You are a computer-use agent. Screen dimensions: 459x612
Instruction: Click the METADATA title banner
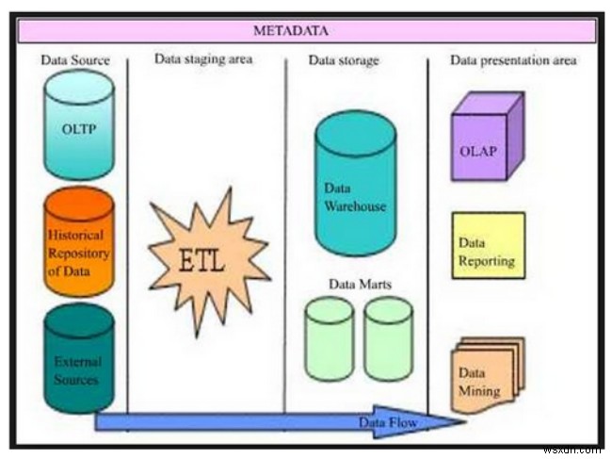(305, 31)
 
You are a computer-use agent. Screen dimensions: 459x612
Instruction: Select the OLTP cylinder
(79, 124)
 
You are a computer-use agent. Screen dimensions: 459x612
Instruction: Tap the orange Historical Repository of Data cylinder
(79, 242)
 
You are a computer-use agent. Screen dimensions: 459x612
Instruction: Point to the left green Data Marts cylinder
(329, 338)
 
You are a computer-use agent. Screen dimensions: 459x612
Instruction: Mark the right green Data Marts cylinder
(388, 338)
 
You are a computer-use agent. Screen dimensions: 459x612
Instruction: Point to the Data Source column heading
(75, 60)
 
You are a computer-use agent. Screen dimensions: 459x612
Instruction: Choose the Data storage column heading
(344, 60)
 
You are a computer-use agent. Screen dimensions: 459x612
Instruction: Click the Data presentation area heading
(513, 60)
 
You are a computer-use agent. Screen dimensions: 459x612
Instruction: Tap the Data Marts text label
(359, 283)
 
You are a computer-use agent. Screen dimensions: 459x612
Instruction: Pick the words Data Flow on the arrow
(387, 421)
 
